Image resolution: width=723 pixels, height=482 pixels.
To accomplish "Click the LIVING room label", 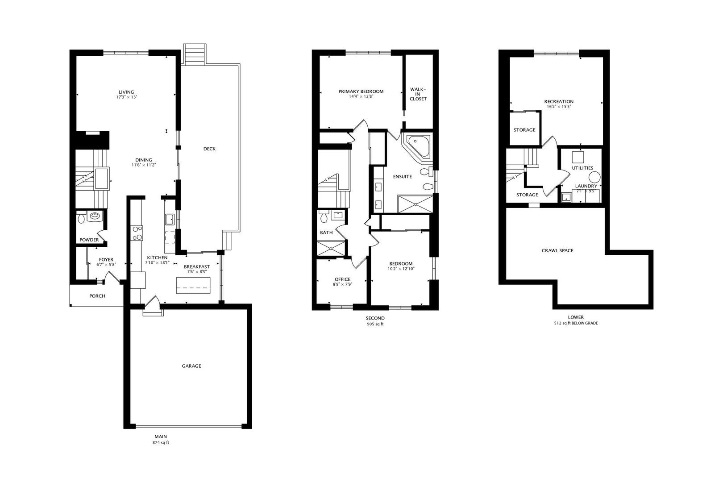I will coord(126,92).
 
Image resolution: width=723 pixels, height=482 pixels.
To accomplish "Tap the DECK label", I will coord(209,149).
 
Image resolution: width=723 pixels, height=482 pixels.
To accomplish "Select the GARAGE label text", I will coord(191,366).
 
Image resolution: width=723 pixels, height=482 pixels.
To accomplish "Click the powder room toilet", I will coord(81,219).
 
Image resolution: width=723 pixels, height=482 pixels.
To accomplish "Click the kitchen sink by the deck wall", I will coord(170,220).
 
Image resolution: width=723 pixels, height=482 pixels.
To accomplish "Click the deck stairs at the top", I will coord(195,54).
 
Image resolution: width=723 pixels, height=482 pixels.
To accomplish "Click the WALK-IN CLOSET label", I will coord(418,94).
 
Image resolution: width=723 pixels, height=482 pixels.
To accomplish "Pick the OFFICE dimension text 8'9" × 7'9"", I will coord(342,284).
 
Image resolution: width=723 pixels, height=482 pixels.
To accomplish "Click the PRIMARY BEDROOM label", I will coord(361,91).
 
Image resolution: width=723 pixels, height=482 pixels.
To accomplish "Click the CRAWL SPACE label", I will coord(557,250).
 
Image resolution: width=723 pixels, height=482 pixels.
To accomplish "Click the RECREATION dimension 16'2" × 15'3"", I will coord(558,107).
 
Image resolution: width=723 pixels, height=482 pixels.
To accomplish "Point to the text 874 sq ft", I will coord(161,443).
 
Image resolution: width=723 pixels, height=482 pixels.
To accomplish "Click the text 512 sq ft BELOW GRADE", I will coord(575,323).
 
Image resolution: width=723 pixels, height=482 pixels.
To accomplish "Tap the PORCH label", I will coord(97,296).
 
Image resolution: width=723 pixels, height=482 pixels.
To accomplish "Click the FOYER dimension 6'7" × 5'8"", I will coord(106,264).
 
